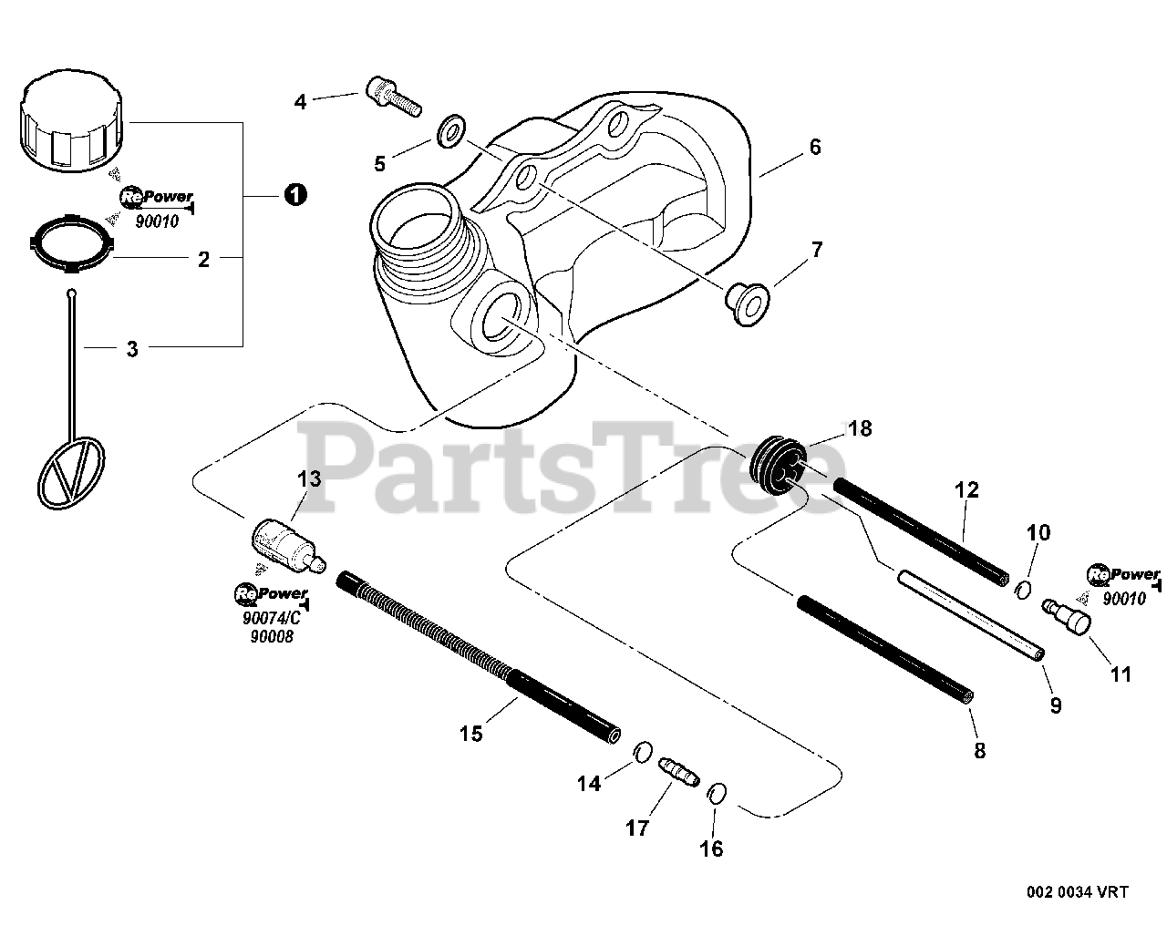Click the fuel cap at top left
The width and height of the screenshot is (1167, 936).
[x=69, y=122]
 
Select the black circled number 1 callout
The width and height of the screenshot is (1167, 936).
[x=294, y=194]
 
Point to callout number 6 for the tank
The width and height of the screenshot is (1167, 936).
[x=814, y=147]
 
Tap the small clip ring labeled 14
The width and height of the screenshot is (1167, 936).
[x=643, y=753]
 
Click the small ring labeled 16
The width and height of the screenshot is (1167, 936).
[x=717, y=793]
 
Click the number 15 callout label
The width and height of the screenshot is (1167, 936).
[x=470, y=733]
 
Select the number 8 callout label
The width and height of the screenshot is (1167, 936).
[x=979, y=751]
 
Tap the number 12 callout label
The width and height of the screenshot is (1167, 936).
[x=966, y=490]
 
